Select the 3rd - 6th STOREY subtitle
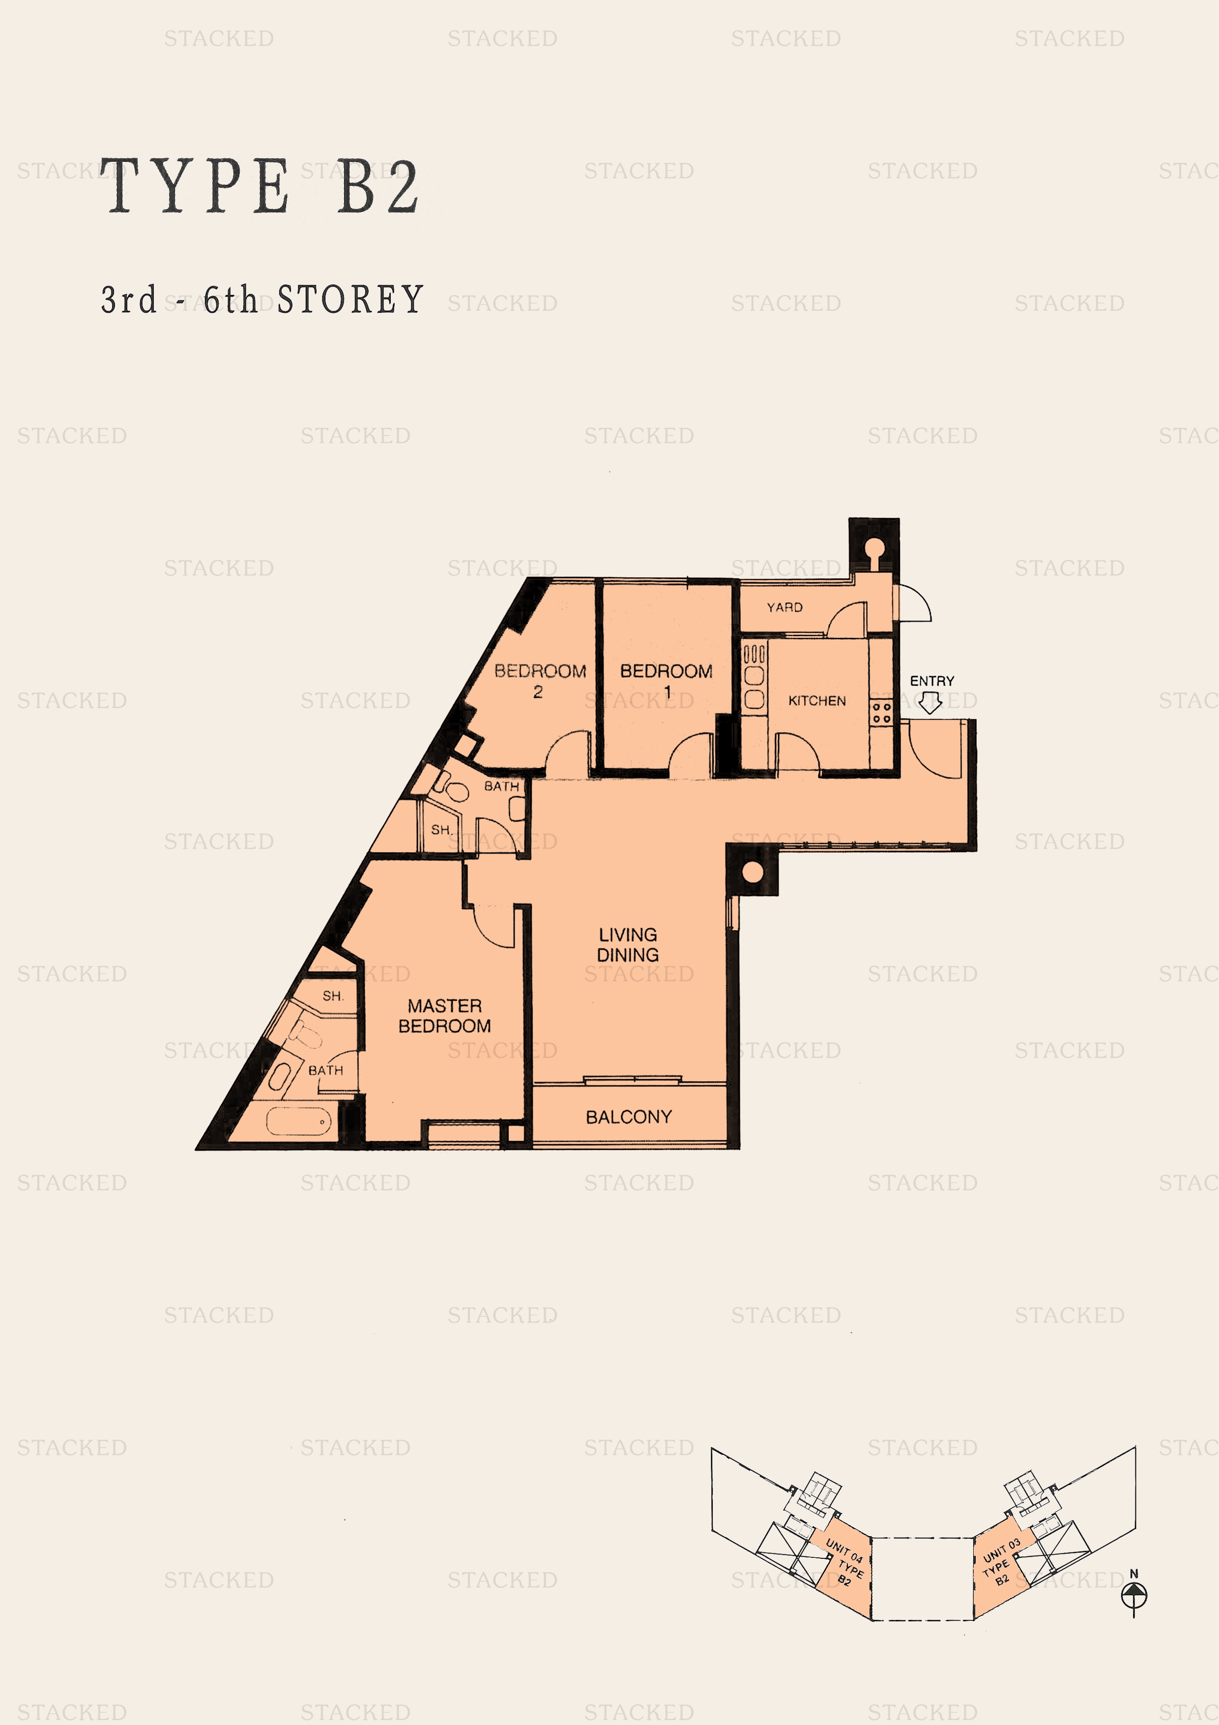[x=262, y=300]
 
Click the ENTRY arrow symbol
[x=930, y=702]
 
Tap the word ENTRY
[x=931, y=681]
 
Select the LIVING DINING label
[x=627, y=945]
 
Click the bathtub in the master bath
[x=298, y=1122]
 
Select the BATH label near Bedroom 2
[x=501, y=786]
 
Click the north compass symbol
[x=1133, y=1594]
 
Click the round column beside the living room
[x=752, y=871]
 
